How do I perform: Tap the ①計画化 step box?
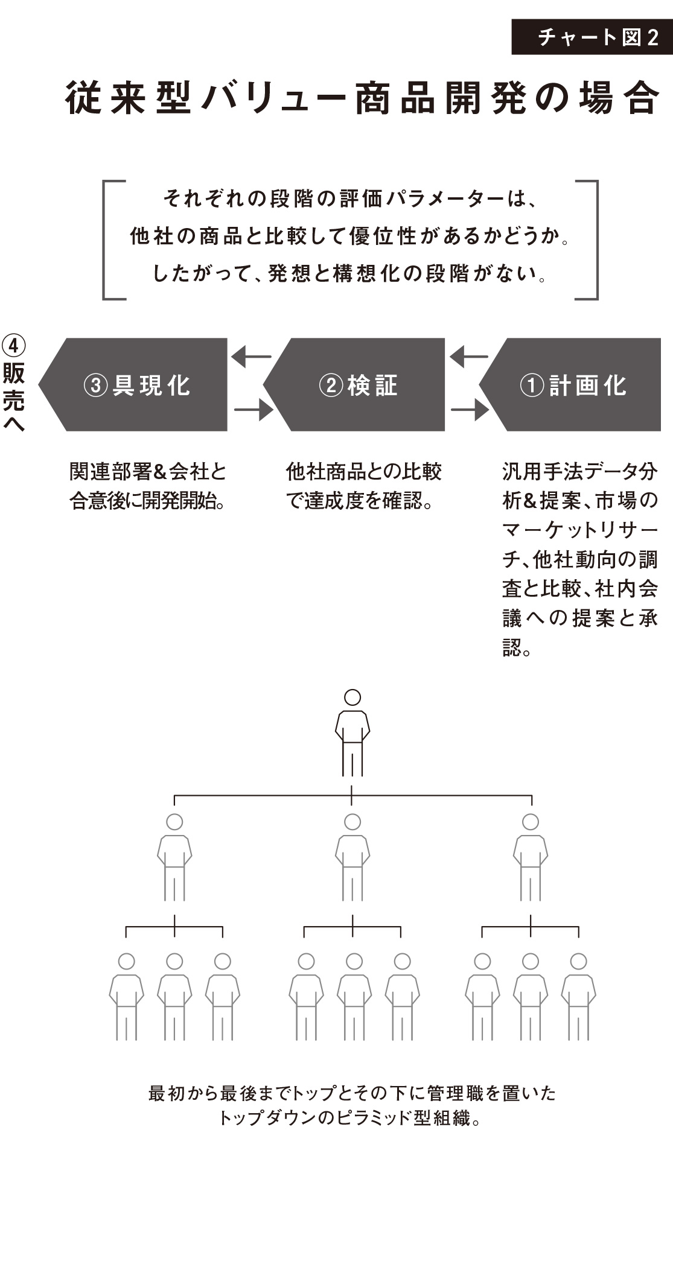pos(573,385)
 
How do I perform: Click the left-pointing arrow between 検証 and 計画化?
pos(468,357)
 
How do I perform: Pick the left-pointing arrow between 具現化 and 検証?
pos(250,357)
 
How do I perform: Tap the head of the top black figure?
pos(352,697)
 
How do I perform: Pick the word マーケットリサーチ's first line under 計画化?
pos(579,530)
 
